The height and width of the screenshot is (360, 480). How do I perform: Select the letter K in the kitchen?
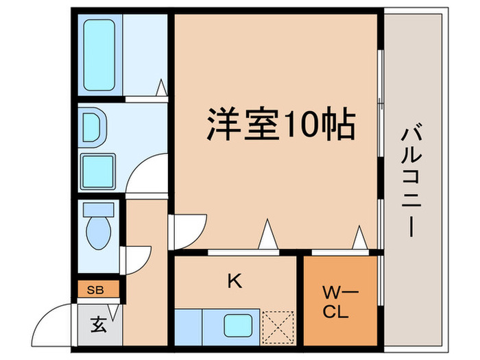pos(235,280)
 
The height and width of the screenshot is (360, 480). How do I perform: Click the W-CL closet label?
pos(336,302)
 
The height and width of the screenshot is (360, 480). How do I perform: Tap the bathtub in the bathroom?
pos(100,56)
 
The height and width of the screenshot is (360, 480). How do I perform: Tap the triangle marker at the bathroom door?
pos(163,88)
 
